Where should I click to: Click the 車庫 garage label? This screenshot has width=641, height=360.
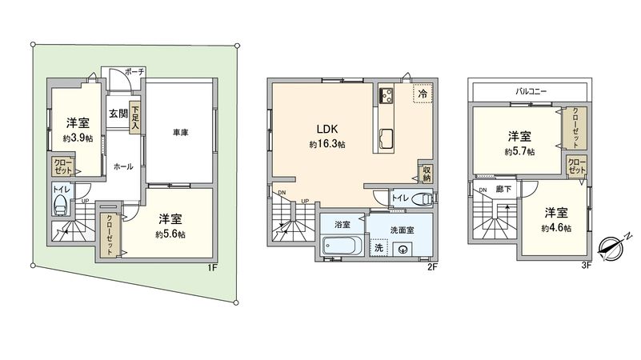click(x=180, y=131)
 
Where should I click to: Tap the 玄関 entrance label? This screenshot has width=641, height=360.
click(x=118, y=114)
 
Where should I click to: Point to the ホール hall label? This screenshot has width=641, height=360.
click(x=123, y=166)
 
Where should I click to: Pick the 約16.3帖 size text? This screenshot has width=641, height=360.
click(x=327, y=145)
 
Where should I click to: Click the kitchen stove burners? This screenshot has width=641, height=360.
click(x=385, y=97)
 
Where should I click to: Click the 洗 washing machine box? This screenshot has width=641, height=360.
click(x=379, y=247)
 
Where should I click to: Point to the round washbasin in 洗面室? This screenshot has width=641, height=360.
click(x=402, y=249)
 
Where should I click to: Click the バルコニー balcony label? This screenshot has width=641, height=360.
click(x=530, y=92)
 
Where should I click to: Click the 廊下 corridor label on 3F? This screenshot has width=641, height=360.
click(x=504, y=189)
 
